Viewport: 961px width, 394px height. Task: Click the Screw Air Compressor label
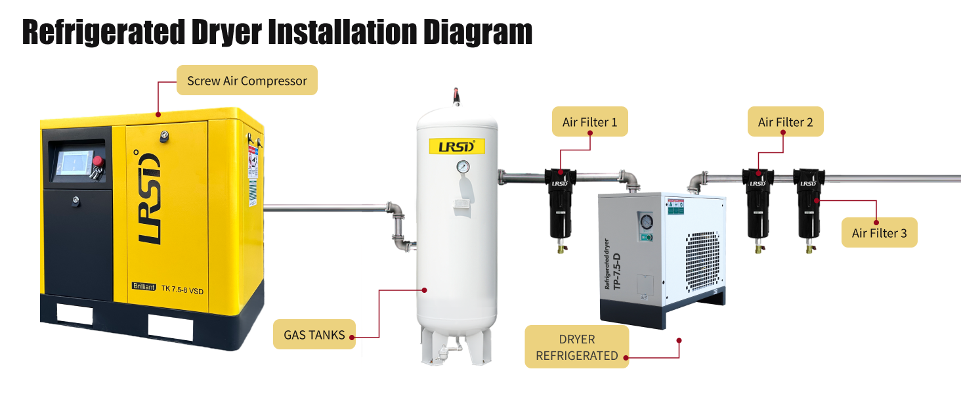(x=247, y=81)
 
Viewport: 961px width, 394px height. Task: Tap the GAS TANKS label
(x=314, y=335)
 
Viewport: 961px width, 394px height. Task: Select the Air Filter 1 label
(x=589, y=122)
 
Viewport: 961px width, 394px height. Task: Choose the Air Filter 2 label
(x=785, y=122)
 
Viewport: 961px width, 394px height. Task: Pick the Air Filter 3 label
(x=879, y=233)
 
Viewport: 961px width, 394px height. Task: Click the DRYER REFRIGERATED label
(x=576, y=347)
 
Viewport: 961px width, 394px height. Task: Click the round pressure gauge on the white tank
(x=463, y=167)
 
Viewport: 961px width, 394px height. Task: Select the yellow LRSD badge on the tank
(x=456, y=146)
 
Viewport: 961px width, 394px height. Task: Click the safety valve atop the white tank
(x=456, y=97)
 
